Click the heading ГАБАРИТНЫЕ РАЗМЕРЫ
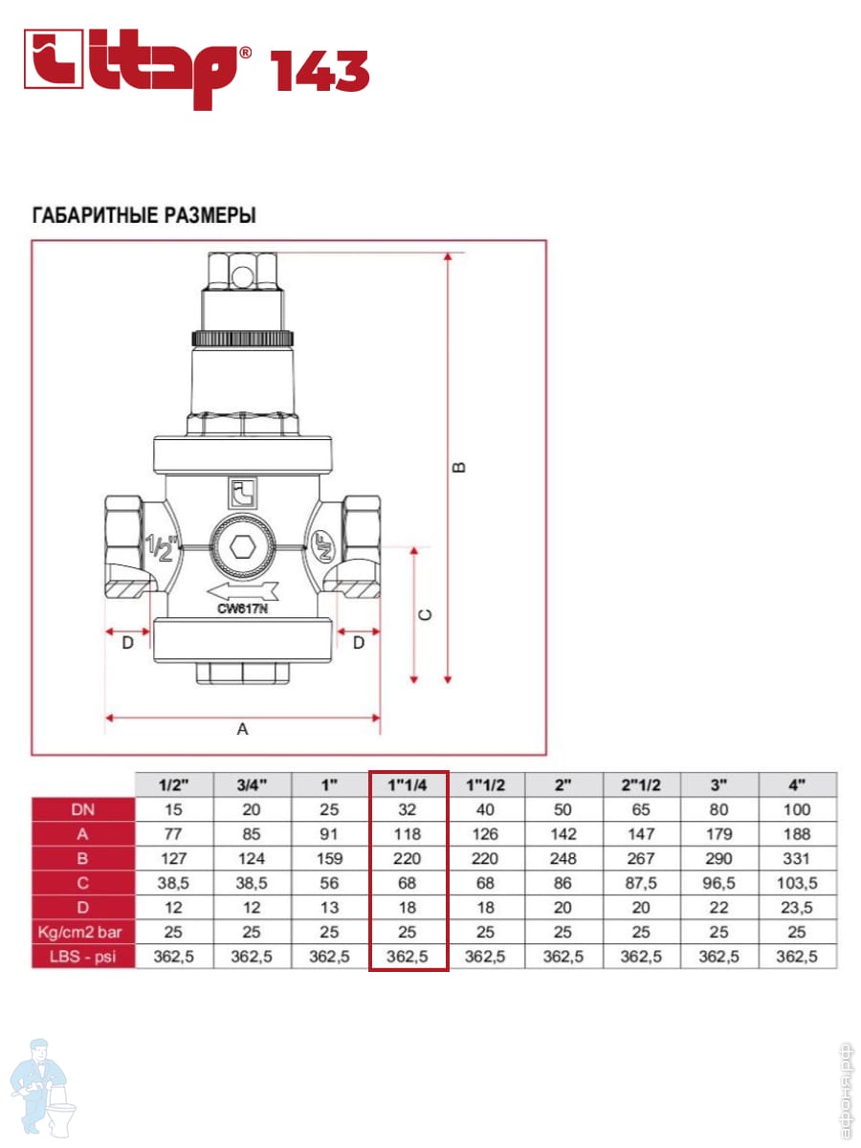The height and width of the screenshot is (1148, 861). [144, 215]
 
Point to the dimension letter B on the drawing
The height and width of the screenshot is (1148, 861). [459, 468]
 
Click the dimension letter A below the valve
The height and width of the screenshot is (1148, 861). [242, 729]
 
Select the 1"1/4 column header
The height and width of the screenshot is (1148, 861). [408, 785]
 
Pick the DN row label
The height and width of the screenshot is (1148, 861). [82, 809]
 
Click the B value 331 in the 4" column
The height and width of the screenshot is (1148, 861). [796, 858]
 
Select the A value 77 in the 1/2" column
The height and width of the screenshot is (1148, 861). [173, 834]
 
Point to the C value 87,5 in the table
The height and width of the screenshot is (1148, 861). [641, 882]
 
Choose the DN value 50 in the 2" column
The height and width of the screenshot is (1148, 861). [563, 809]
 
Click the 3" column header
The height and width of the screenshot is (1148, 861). [718, 785]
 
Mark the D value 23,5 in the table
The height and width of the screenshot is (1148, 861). [796, 907]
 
